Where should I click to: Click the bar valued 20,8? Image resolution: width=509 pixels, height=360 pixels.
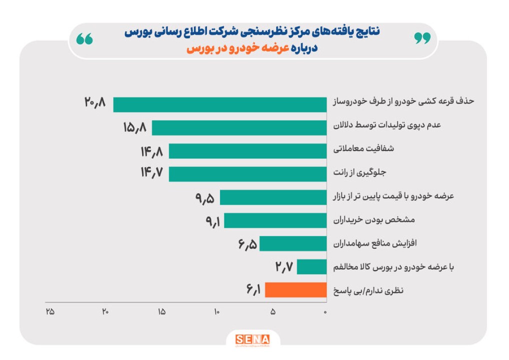coord(220,104)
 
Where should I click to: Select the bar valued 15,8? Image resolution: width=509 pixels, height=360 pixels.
coord(239,128)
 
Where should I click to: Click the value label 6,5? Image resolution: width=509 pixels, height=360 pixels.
coord(247,244)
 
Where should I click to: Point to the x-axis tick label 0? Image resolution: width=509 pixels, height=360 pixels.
coord(325,312)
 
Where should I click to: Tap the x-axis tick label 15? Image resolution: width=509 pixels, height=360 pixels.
coord(161,312)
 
